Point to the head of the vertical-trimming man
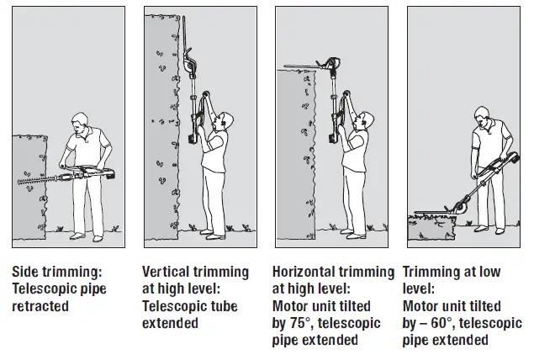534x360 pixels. tap(218, 123)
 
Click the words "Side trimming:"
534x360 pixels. tap(57, 273)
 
